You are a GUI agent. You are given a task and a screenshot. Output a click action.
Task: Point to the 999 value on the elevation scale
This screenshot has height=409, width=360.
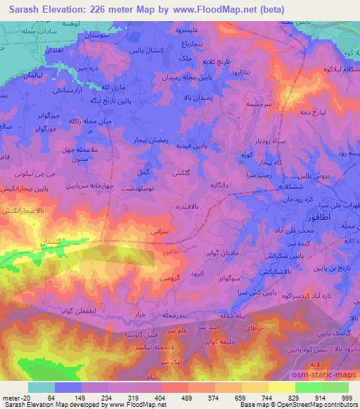click(x=347, y=397)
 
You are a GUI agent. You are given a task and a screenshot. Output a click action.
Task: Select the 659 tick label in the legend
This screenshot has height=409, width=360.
click(x=240, y=397)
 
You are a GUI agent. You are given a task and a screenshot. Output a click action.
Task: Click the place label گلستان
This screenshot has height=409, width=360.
click(x=35, y=242)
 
